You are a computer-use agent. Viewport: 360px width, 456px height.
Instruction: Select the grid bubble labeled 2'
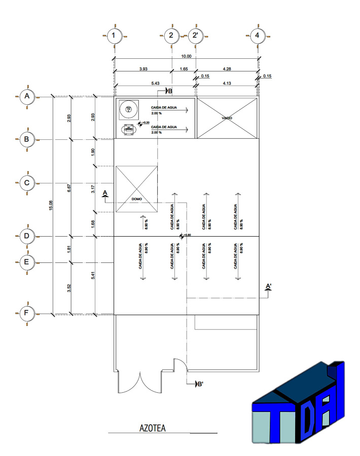click(x=196, y=36)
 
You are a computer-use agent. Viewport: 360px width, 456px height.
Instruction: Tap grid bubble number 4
click(x=258, y=36)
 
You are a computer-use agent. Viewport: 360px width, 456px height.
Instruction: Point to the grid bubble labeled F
click(x=27, y=314)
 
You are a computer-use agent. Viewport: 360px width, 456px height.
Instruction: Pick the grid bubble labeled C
click(x=27, y=183)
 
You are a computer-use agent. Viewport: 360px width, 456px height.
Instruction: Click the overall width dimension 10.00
click(x=186, y=56)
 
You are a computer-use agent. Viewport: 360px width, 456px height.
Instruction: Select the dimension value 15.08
click(x=51, y=205)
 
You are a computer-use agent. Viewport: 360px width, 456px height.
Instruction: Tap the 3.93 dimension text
click(x=143, y=69)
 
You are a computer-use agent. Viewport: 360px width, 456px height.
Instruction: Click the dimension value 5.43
click(x=155, y=83)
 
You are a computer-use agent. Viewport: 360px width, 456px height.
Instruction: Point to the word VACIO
click(x=227, y=118)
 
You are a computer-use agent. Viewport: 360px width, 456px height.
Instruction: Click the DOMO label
click(x=137, y=199)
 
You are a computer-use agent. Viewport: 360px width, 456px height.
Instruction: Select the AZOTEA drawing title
click(x=153, y=428)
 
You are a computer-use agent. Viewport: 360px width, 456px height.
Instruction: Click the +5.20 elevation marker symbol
click(x=140, y=124)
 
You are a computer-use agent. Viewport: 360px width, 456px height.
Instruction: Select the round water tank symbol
click(x=129, y=109)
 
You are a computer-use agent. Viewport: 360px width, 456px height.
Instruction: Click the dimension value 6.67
click(x=69, y=188)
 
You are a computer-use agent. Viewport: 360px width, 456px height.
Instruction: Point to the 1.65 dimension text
click(x=184, y=69)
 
